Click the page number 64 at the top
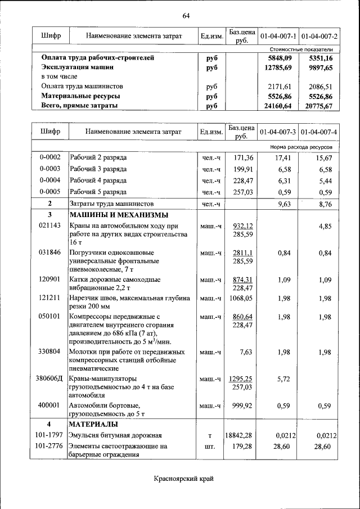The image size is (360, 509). click(186, 15)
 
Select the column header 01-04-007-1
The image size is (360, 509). click(278, 37)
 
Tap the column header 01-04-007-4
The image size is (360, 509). click(319, 132)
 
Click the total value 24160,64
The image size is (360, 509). click(278, 106)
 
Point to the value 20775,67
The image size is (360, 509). click(319, 106)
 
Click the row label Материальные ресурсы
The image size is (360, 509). click(80, 96)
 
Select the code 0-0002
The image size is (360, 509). click(50, 157)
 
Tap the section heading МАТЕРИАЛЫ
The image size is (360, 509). click(93, 424)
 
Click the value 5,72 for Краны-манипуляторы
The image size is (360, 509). click(283, 379)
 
